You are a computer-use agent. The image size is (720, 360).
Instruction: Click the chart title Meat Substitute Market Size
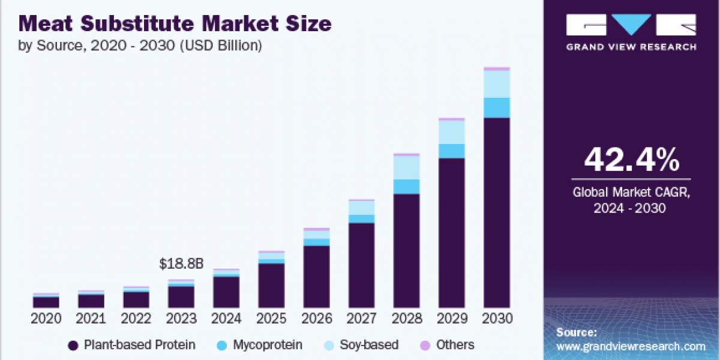(x=175, y=24)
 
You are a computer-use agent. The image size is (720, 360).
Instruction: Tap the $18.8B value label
(x=181, y=263)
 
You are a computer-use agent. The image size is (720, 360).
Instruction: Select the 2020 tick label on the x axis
(x=46, y=319)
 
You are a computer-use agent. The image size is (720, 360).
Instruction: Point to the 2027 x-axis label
(x=362, y=319)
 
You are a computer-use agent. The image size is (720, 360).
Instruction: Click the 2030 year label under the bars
(x=497, y=319)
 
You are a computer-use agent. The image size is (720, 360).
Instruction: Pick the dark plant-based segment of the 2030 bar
(x=497, y=212)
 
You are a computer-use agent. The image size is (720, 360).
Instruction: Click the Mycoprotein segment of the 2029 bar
(x=452, y=151)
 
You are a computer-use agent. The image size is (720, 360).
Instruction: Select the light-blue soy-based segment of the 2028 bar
(x=407, y=167)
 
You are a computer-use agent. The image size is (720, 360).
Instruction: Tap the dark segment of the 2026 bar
(x=316, y=276)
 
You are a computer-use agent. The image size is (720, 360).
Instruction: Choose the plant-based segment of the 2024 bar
(x=226, y=292)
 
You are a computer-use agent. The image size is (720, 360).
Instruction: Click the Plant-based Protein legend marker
(x=74, y=345)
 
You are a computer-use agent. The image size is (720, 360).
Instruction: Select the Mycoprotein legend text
(x=267, y=345)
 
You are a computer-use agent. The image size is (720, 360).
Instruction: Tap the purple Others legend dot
(x=426, y=345)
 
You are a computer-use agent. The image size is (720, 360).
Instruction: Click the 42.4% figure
(x=631, y=160)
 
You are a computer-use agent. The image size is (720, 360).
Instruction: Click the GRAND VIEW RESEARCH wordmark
(x=631, y=47)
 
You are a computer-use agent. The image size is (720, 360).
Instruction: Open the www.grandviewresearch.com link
(x=631, y=346)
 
